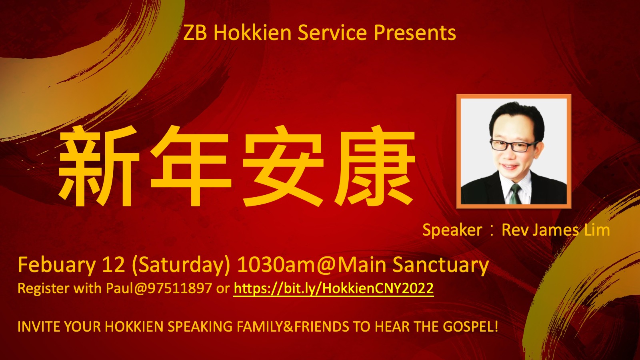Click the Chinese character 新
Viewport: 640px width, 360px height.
pos(99,166)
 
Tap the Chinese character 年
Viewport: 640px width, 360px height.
pos(191,166)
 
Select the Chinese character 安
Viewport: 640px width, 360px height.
pos(283,166)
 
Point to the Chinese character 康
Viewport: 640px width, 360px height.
pos(375,166)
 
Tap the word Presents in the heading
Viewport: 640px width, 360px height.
pos(415,32)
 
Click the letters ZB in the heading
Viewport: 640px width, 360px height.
pos(195,33)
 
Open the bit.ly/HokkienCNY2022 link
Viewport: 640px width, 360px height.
pos(334,288)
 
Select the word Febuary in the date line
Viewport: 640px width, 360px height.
pos(56,265)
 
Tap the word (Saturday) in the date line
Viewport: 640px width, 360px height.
pos(181,266)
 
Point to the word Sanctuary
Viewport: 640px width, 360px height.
pos(440,265)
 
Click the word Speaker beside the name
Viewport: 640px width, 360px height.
pos(452,230)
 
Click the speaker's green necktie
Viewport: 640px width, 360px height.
pos(515,194)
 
